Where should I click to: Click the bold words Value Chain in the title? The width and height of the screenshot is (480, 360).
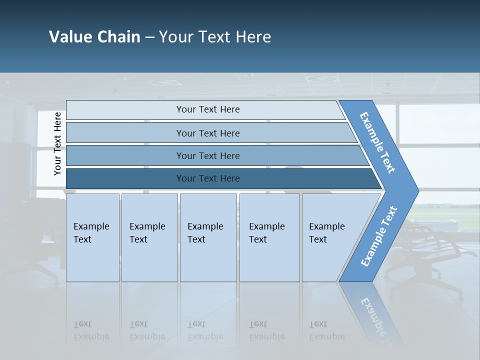coord(94,37)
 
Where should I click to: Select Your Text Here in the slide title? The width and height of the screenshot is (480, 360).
coord(215,37)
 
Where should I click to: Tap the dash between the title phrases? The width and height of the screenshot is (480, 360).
coord(149,37)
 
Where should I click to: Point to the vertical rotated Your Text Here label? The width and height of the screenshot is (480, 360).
coord(57,143)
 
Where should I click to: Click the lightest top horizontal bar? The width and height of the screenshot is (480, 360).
coord(207,109)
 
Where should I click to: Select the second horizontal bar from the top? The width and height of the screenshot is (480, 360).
coord(207,133)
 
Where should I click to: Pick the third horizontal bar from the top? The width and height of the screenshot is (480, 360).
coord(207,155)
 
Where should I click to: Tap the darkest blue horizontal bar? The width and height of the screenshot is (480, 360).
coord(207,178)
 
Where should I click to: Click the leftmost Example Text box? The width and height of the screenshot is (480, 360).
coord(92,237)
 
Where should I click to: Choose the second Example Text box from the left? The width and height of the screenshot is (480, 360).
coord(149,237)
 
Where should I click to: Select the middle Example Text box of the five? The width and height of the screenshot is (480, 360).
coord(207,237)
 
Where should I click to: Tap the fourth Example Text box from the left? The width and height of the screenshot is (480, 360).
coord(269,237)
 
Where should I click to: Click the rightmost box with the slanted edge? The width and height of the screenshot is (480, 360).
coord(330,237)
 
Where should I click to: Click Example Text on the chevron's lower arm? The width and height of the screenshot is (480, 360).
coord(379,236)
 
